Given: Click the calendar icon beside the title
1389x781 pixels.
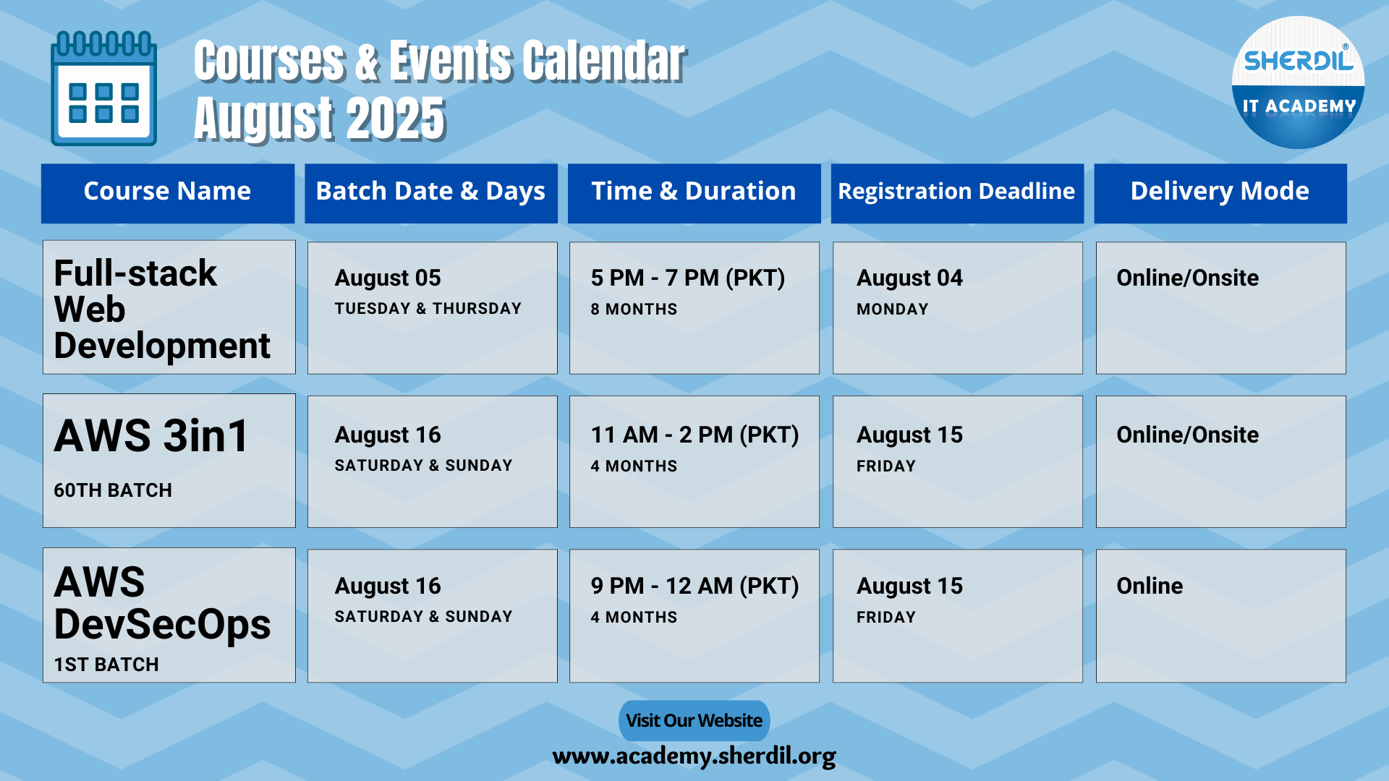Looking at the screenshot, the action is click(x=103, y=88).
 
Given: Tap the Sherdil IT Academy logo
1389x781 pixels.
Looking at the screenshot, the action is click(x=1298, y=82).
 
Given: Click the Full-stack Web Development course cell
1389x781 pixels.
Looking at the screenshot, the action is click(x=169, y=307).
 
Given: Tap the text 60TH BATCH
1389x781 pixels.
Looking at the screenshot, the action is click(x=113, y=490).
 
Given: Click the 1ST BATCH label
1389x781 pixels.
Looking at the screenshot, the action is click(x=106, y=665).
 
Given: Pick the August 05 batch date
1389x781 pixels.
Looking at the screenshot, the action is click(x=388, y=278).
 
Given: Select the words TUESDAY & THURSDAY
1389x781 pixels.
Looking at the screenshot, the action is click(x=428, y=309).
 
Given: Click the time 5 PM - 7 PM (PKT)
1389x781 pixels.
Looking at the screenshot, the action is click(x=688, y=278).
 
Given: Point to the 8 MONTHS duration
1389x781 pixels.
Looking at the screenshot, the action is click(x=634, y=310).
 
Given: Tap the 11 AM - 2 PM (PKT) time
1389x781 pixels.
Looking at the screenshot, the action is click(x=694, y=435).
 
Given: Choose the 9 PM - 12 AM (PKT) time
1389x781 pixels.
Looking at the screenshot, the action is click(x=694, y=586).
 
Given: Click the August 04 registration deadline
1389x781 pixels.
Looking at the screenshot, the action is click(x=910, y=278).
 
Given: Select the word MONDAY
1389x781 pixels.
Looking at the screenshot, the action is click(x=893, y=310).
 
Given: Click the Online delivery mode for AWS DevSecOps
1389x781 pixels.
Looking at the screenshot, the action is click(x=1150, y=586).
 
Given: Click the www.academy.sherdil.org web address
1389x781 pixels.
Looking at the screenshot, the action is click(x=694, y=756).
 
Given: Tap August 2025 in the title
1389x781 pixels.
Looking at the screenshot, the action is click(x=320, y=118).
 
